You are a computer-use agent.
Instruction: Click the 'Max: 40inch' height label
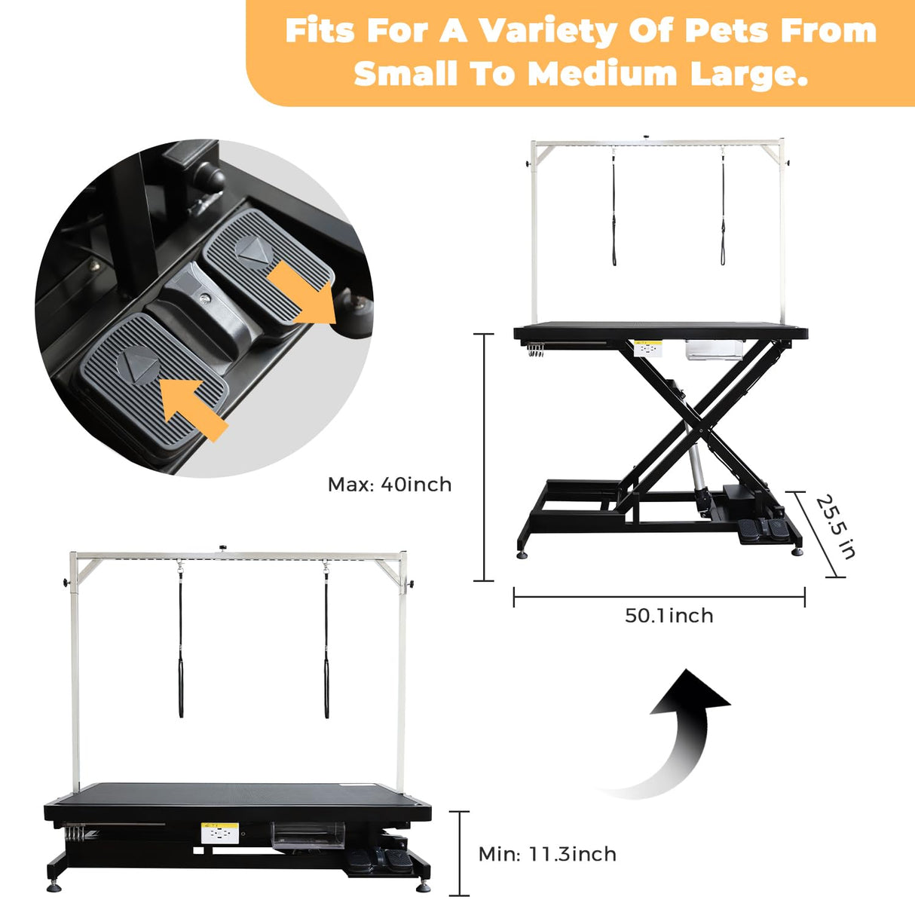click(390, 484)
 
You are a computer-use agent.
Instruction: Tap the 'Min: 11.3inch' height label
click(547, 854)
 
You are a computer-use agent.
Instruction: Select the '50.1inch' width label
click(669, 616)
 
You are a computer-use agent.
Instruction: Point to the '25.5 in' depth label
click(835, 527)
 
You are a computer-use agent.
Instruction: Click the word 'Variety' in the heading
click(547, 31)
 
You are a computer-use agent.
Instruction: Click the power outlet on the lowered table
click(220, 834)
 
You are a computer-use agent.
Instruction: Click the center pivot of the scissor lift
click(702, 429)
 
